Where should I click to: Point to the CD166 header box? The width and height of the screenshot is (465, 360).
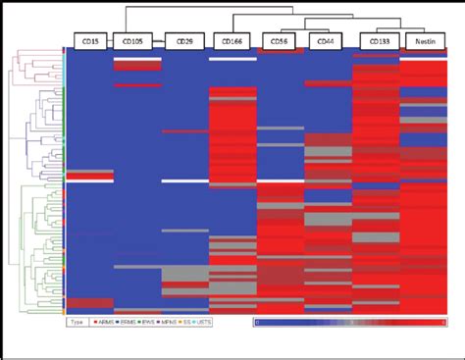[232, 42]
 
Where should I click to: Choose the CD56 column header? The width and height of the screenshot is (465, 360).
[281, 42]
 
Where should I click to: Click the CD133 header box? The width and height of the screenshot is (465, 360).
[377, 42]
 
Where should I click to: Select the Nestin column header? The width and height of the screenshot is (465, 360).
[424, 42]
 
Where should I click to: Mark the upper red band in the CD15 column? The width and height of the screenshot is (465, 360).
[88, 179]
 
